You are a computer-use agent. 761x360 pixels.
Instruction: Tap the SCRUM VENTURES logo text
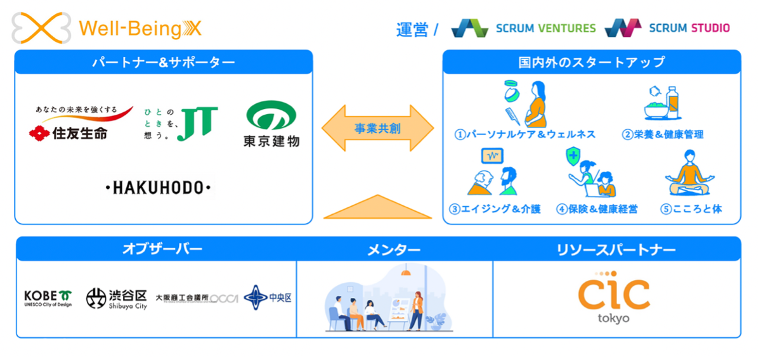(545, 28)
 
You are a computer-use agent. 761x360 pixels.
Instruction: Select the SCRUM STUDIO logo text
(689, 28)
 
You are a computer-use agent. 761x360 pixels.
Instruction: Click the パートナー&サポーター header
(164, 62)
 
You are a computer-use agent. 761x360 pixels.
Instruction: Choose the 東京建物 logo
(271, 124)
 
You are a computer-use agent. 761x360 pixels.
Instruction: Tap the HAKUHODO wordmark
(158, 188)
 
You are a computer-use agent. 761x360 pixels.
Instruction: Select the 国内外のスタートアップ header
(591, 62)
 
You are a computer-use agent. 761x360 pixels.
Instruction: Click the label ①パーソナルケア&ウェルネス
(525, 134)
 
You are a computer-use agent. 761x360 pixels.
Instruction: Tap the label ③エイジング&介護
(495, 209)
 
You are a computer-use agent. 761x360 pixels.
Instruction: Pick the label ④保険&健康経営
(597, 209)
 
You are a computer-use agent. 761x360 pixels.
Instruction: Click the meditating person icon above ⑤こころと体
(691, 174)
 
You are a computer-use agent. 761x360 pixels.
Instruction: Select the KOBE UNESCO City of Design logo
(48, 298)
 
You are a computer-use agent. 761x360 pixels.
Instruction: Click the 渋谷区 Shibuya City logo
(117, 298)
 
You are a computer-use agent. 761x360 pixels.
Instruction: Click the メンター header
(394, 249)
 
